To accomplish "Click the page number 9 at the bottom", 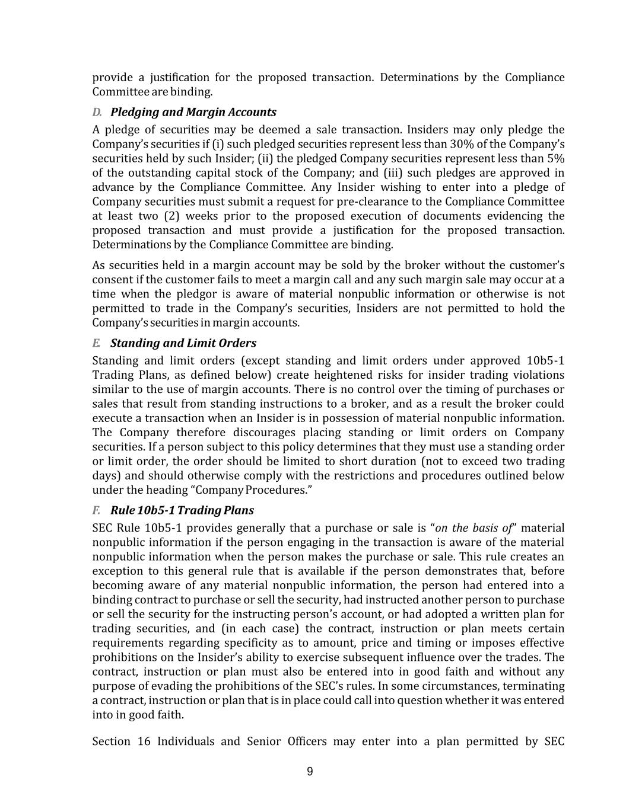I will click(x=310, y=771).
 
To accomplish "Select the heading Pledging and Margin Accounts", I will click(x=193, y=112).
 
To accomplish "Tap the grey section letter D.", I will click(x=97, y=112).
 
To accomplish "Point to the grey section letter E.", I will click(x=96, y=343).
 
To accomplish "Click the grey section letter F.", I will click(x=96, y=510).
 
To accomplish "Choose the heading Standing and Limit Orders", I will click(x=183, y=343).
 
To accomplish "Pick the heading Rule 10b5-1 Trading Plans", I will click(x=182, y=510).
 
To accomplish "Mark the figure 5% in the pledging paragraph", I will click(x=555, y=158).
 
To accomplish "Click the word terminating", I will click(x=533, y=686).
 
